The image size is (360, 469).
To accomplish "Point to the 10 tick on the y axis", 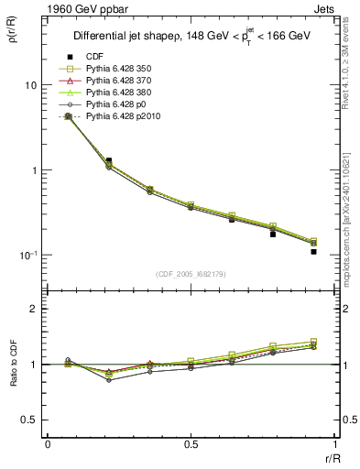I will click(30, 85).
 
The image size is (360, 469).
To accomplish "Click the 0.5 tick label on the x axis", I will click(191, 444).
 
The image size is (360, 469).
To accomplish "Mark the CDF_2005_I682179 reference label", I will click(191, 274).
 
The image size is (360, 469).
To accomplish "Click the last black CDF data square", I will click(313, 251).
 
